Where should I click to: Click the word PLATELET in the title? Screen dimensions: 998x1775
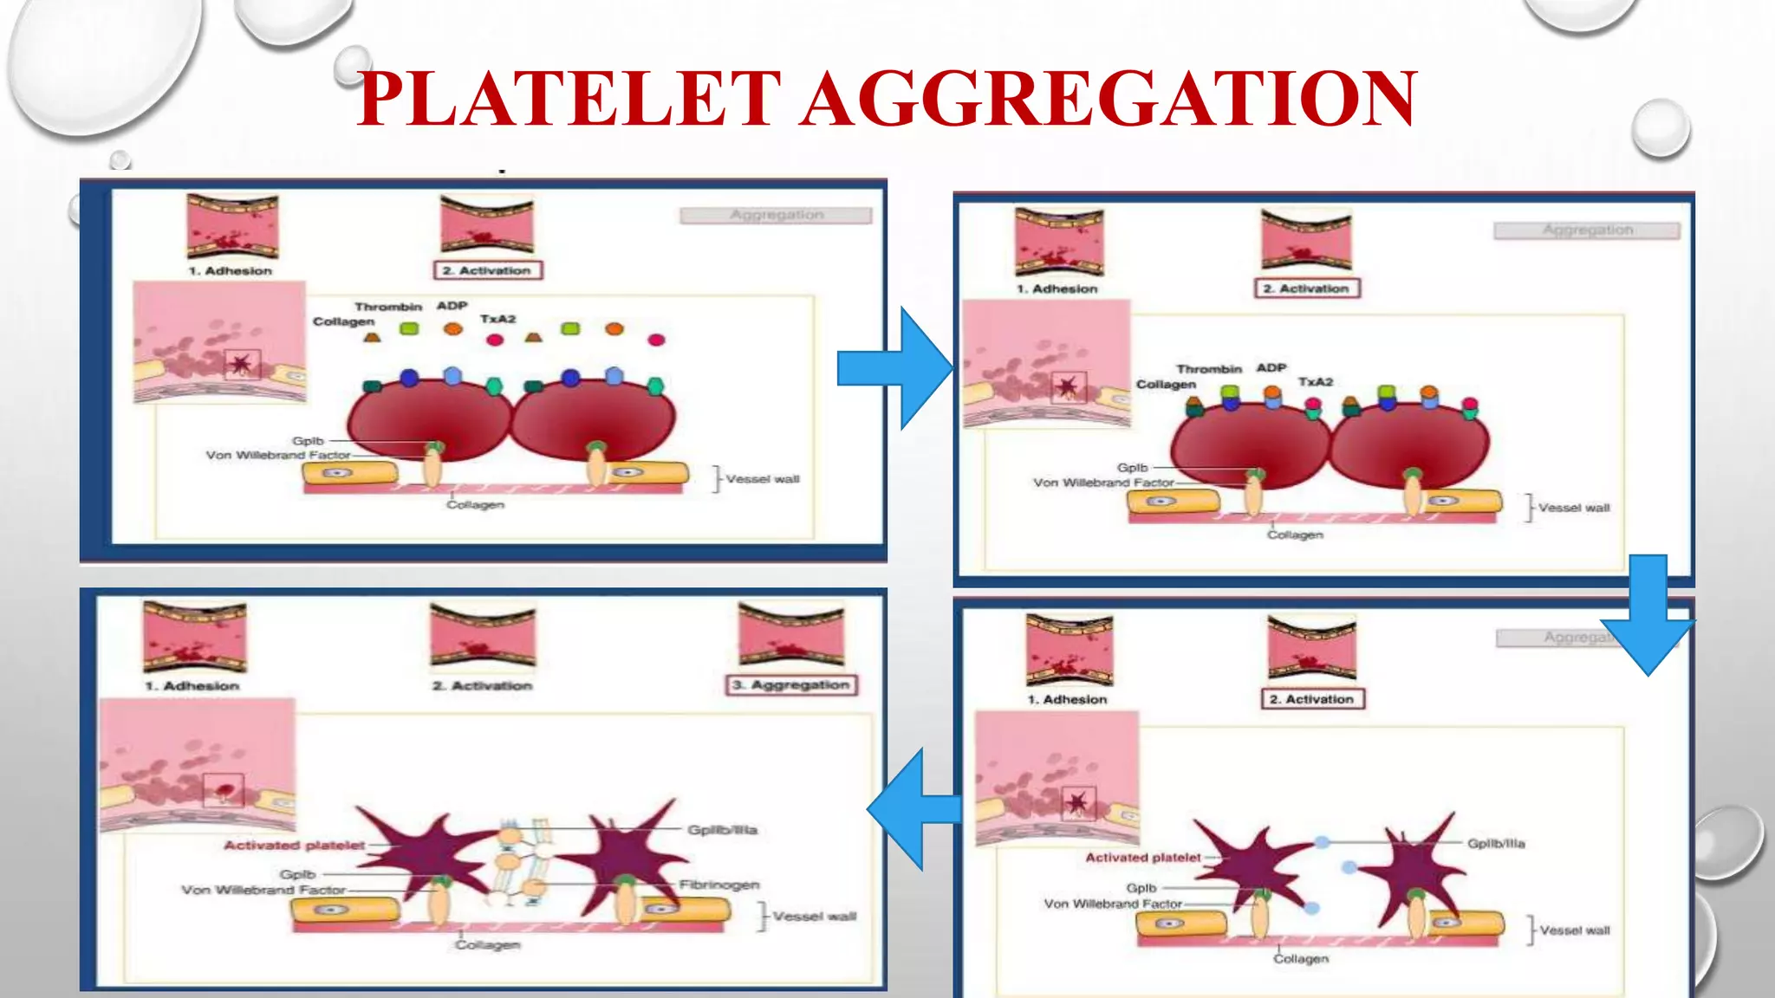[569, 99]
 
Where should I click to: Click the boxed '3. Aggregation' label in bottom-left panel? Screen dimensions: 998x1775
[791, 685]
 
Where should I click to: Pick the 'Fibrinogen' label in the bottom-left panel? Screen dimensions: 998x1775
[718, 885]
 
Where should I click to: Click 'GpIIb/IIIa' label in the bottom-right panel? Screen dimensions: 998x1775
[1496, 843]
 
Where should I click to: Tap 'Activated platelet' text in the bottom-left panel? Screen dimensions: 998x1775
[294, 845]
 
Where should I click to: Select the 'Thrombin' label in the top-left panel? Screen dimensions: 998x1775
[387, 307]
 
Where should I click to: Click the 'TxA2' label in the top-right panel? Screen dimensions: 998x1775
[1315, 381]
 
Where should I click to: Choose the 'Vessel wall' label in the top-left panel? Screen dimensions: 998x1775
[763, 479]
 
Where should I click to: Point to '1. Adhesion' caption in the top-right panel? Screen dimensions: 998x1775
[1057, 288]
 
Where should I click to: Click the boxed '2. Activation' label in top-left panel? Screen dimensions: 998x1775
[488, 270]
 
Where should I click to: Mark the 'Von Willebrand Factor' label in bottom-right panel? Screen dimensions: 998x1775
[1113, 904]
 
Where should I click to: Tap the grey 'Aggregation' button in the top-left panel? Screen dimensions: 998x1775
[776, 215]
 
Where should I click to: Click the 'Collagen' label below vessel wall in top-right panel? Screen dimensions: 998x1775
[1295, 535]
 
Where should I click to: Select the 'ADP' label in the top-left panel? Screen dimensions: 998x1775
[452, 306]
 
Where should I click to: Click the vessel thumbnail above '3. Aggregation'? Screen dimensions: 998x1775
[791, 636]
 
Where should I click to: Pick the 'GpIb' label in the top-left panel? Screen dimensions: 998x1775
[308, 441]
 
